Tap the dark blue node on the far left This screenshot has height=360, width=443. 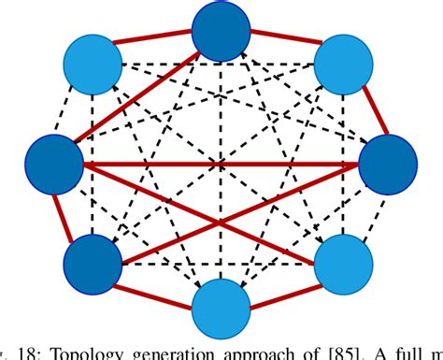tap(55, 165)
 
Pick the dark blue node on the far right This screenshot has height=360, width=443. tap(386, 165)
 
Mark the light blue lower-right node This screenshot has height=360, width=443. tap(342, 263)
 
